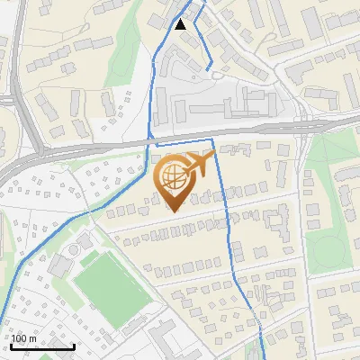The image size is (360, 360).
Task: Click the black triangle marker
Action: point(181,24)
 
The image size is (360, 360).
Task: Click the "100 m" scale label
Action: point(24,338)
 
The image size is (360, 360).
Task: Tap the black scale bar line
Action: point(42,346)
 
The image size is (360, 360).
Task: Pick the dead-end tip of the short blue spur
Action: point(211,68)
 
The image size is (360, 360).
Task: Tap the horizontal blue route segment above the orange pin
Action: point(184,144)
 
